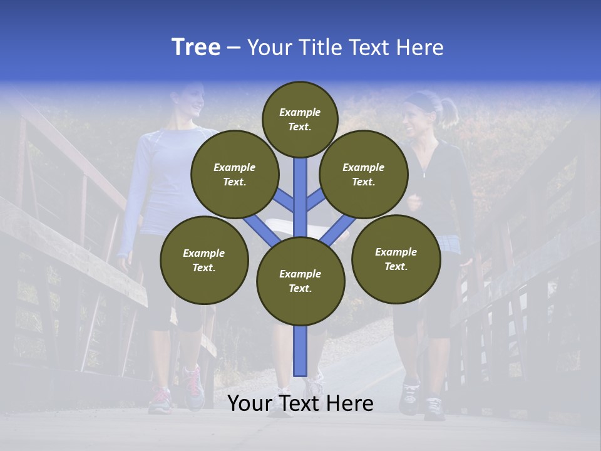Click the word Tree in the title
[x=196, y=47]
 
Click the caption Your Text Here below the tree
[x=300, y=403]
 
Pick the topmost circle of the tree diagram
[x=300, y=119]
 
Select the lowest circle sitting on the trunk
[x=300, y=281]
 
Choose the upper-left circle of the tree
[x=235, y=174]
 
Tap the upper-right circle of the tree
[x=364, y=174]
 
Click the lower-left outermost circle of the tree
[x=204, y=260]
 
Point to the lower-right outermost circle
[x=396, y=259]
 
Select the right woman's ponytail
[x=449, y=111]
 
